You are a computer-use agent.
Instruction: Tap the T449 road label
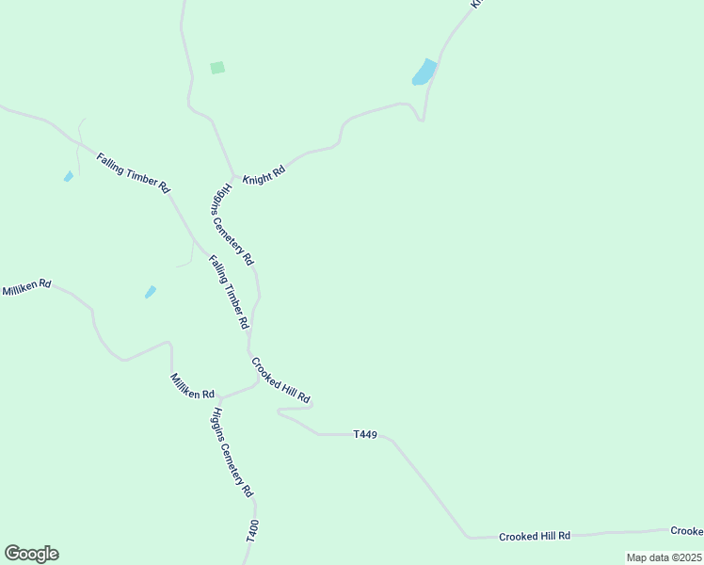coord(365,434)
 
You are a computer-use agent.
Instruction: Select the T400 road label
coord(252,530)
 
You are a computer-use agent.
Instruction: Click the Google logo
coord(31,554)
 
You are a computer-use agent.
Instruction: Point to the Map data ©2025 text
coord(664,557)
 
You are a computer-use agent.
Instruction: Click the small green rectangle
coord(217,68)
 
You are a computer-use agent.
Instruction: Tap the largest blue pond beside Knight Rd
coord(424,72)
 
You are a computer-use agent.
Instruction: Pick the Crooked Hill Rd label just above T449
coord(280,381)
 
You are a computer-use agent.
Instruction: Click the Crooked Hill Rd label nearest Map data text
coord(535,536)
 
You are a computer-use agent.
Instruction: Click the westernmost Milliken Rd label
coord(26,287)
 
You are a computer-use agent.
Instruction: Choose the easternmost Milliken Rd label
coord(193,386)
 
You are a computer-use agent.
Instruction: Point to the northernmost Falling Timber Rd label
coord(132,171)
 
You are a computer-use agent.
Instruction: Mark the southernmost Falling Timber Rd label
coord(229,291)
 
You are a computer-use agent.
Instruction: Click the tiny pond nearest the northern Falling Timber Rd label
coord(68,176)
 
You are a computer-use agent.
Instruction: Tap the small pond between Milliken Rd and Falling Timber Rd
coord(150,292)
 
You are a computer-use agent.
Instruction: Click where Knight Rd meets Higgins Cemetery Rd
coord(232,175)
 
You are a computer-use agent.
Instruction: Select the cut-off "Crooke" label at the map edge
coord(686,531)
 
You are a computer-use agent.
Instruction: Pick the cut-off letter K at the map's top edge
coord(476,4)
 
